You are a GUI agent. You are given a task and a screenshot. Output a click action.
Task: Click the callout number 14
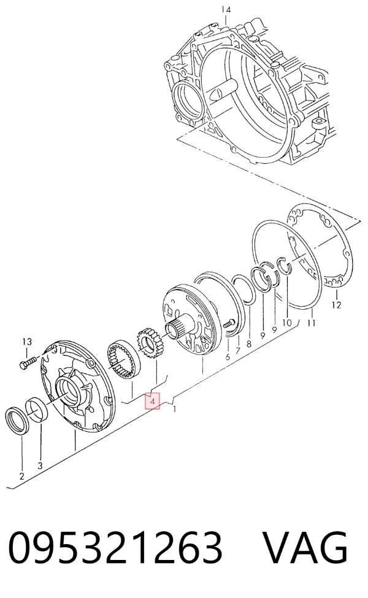point(226,9)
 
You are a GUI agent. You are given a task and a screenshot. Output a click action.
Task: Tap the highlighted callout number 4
point(152,401)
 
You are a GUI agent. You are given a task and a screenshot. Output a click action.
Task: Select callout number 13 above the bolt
point(27,342)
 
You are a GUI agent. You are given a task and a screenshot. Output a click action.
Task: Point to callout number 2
point(21,476)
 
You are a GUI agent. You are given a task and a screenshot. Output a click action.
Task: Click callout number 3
point(40,466)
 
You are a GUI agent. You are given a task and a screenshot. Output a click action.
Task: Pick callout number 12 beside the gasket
point(336,305)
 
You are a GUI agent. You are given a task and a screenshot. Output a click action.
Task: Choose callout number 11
point(312,323)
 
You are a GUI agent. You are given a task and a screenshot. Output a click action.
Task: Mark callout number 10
point(287,323)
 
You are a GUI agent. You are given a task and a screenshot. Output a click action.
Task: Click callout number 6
point(228,357)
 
